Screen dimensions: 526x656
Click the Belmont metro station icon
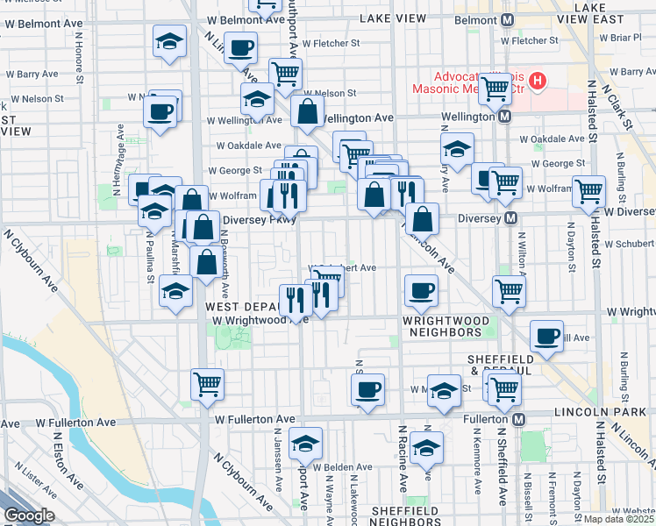507,18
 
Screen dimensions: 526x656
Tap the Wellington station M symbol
505,116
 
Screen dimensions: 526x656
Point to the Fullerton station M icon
519,420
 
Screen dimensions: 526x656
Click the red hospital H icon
537,83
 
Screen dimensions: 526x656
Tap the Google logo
29,515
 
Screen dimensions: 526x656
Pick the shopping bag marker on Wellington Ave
308,111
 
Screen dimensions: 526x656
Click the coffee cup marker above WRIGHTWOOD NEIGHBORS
421,290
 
